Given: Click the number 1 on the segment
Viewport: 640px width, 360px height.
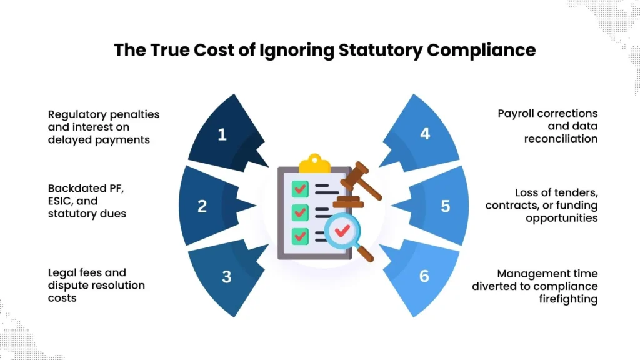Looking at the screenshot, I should (222, 134).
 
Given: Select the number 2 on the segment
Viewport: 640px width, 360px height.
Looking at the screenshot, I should (202, 206).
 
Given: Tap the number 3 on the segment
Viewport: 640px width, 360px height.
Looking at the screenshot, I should (226, 276).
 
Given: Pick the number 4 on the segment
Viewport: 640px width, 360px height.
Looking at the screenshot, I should (425, 133).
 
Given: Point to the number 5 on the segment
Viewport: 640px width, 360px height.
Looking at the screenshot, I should (445, 206).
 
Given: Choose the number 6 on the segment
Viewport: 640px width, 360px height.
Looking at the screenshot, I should (424, 276).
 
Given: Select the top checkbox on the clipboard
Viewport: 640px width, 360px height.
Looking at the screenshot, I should (301, 187).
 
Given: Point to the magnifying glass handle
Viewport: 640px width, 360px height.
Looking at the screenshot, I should (364, 253).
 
